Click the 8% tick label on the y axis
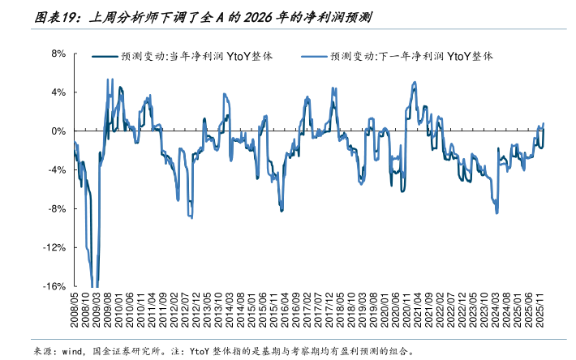click(58, 54)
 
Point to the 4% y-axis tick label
click(58, 92)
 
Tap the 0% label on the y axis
click(58, 131)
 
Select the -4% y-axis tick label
click(56, 170)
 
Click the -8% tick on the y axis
click(56, 209)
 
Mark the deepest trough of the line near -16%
click(95, 285)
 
